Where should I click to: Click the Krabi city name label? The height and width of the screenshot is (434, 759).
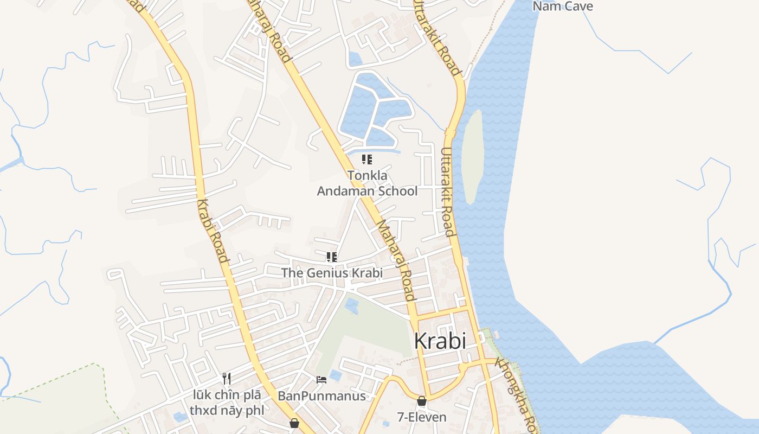pyautogui.click(x=440, y=341)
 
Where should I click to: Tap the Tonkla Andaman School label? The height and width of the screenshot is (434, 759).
pyautogui.click(x=367, y=183)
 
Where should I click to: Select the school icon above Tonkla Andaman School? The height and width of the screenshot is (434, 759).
pyautogui.click(x=367, y=159)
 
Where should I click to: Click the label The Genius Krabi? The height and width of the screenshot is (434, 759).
pyautogui.click(x=331, y=273)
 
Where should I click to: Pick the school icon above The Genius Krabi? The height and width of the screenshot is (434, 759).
pyautogui.click(x=331, y=257)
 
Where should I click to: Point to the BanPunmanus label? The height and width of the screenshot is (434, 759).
pyautogui.click(x=321, y=396)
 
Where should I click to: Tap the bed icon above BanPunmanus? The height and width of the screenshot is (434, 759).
pyautogui.click(x=321, y=379)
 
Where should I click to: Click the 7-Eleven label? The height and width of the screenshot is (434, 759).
pyautogui.click(x=422, y=417)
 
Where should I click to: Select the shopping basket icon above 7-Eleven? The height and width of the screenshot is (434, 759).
pyautogui.click(x=422, y=401)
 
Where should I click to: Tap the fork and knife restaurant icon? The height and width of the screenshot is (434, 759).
pyautogui.click(x=227, y=378)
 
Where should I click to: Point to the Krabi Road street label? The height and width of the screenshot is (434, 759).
pyautogui.click(x=213, y=231)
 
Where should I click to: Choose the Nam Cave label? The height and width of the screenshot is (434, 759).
pyautogui.click(x=563, y=7)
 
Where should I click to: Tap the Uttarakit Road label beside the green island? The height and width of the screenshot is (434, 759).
pyautogui.click(x=447, y=193)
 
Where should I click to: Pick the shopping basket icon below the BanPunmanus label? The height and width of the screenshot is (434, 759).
pyautogui.click(x=294, y=423)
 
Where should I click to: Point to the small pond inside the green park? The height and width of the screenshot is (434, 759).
pyautogui.click(x=351, y=305)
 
